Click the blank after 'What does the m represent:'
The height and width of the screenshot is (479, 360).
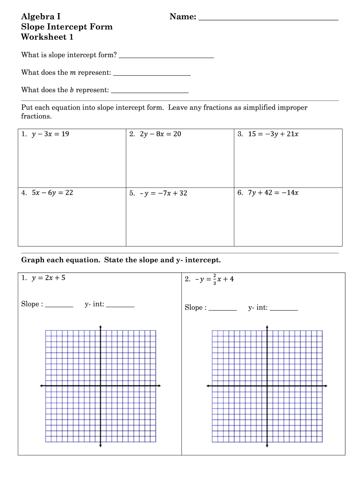point(152,74)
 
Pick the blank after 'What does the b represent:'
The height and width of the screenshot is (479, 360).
point(150,91)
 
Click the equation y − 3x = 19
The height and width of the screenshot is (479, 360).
point(50,134)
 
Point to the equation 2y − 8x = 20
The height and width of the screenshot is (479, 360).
point(160,134)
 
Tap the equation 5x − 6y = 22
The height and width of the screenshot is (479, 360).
point(52,192)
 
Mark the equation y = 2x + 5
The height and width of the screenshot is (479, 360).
point(49,278)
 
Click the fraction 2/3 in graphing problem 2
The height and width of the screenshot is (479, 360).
point(214,279)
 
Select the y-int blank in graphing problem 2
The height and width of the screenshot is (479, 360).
point(284,309)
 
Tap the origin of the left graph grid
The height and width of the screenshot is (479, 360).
point(101,386)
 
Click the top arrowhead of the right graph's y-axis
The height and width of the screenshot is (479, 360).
point(267,327)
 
